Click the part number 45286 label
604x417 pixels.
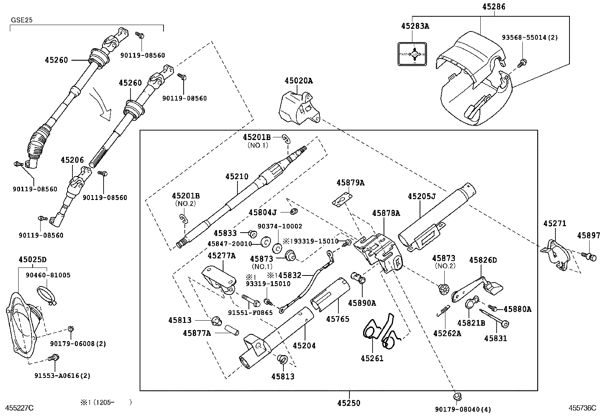(x=494, y=6)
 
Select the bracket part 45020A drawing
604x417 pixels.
(x=299, y=108)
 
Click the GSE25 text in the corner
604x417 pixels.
(x=22, y=20)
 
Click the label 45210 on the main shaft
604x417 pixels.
(x=237, y=176)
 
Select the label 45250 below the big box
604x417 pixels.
(x=349, y=403)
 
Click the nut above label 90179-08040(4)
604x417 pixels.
(x=456, y=397)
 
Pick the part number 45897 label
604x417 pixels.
(x=589, y=236)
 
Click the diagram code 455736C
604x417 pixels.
(x=582, y=408)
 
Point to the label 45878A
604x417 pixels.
(x=386, y=213)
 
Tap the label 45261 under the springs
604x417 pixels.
(x=372, y=358)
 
